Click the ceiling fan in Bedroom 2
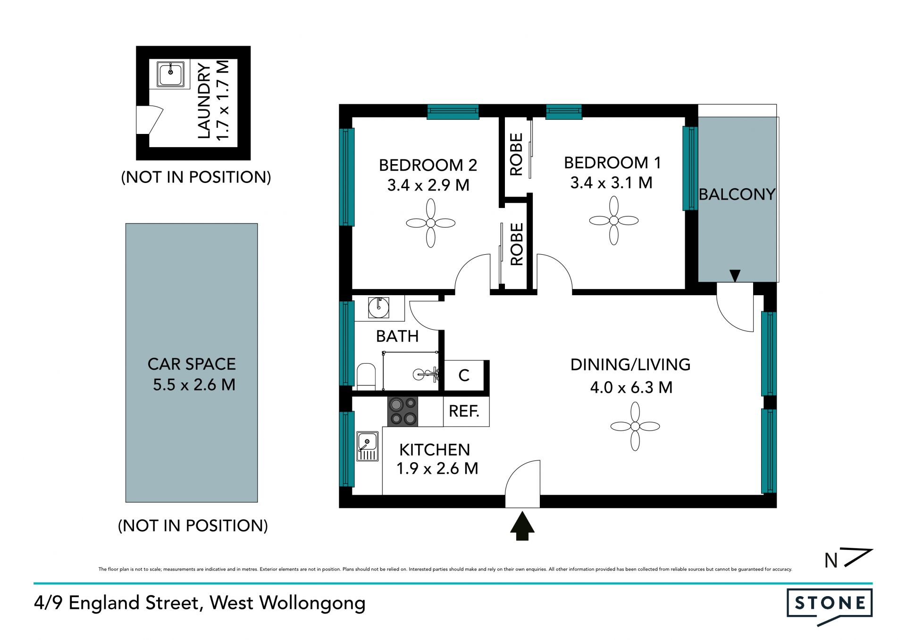point(430,223)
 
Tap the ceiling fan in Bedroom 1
point(613,220)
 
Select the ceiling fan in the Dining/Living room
point(635,426)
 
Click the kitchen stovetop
point(403,411)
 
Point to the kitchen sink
point(367,446)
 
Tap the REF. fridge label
point(464,411)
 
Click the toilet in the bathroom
point(366,376)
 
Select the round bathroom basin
point(378,308)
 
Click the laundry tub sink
point(170,74)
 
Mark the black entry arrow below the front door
point(522,526)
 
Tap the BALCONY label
point(737,194)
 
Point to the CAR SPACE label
point(192,364)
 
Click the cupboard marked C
point(464,375)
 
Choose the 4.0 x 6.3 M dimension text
point(631,388)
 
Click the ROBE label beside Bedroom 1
point(516,154)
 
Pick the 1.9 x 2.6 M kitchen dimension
point(437,469)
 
